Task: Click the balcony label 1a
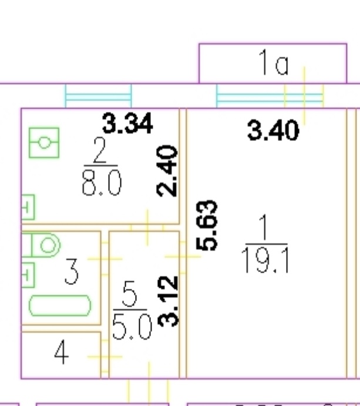click(x=274, y=63)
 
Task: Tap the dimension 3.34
click(x=127, y=123)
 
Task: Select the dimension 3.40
click(x=273, y=130)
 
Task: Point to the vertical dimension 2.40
click(x=167, y=171)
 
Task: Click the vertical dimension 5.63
click(x=207, y=225)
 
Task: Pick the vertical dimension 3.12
click(x=169, y=301)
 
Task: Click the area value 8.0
click(x=102, y=183)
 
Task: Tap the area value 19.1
click(x=265, y=260)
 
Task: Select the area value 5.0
click(x=132, y=327)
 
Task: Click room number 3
click(x=72, y=271)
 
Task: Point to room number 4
click(x=62, y=352)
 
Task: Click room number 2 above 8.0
click(x=100, y=150)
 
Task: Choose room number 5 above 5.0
click(x=129, y=294)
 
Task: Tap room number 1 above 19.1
click(x=264, y=227)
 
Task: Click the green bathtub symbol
click(x=60, y=306)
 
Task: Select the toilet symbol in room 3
click(x=41, y=245)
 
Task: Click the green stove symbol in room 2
click(x=44, y=143)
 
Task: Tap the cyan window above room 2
click(x=98, y=96)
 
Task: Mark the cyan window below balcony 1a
click(x=270, y=96)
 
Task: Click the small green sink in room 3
click(x=28, y=275)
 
